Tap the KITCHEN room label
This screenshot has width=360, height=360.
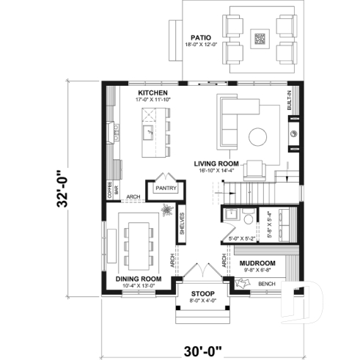pos(153,93)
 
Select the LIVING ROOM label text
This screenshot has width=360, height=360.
pos(217,164)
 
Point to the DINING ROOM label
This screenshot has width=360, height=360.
pos(139,279)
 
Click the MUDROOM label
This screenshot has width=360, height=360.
pos(257,263)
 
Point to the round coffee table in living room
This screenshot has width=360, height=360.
pos(257,137)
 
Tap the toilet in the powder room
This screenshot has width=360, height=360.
pos(247,219)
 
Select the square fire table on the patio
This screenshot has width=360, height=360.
pos(260,38)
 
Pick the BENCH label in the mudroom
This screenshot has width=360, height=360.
pos(266,284)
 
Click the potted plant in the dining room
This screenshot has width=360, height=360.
pos(166,213)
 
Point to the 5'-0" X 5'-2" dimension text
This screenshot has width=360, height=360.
pos(241,238)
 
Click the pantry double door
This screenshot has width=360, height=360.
pos(162,177)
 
